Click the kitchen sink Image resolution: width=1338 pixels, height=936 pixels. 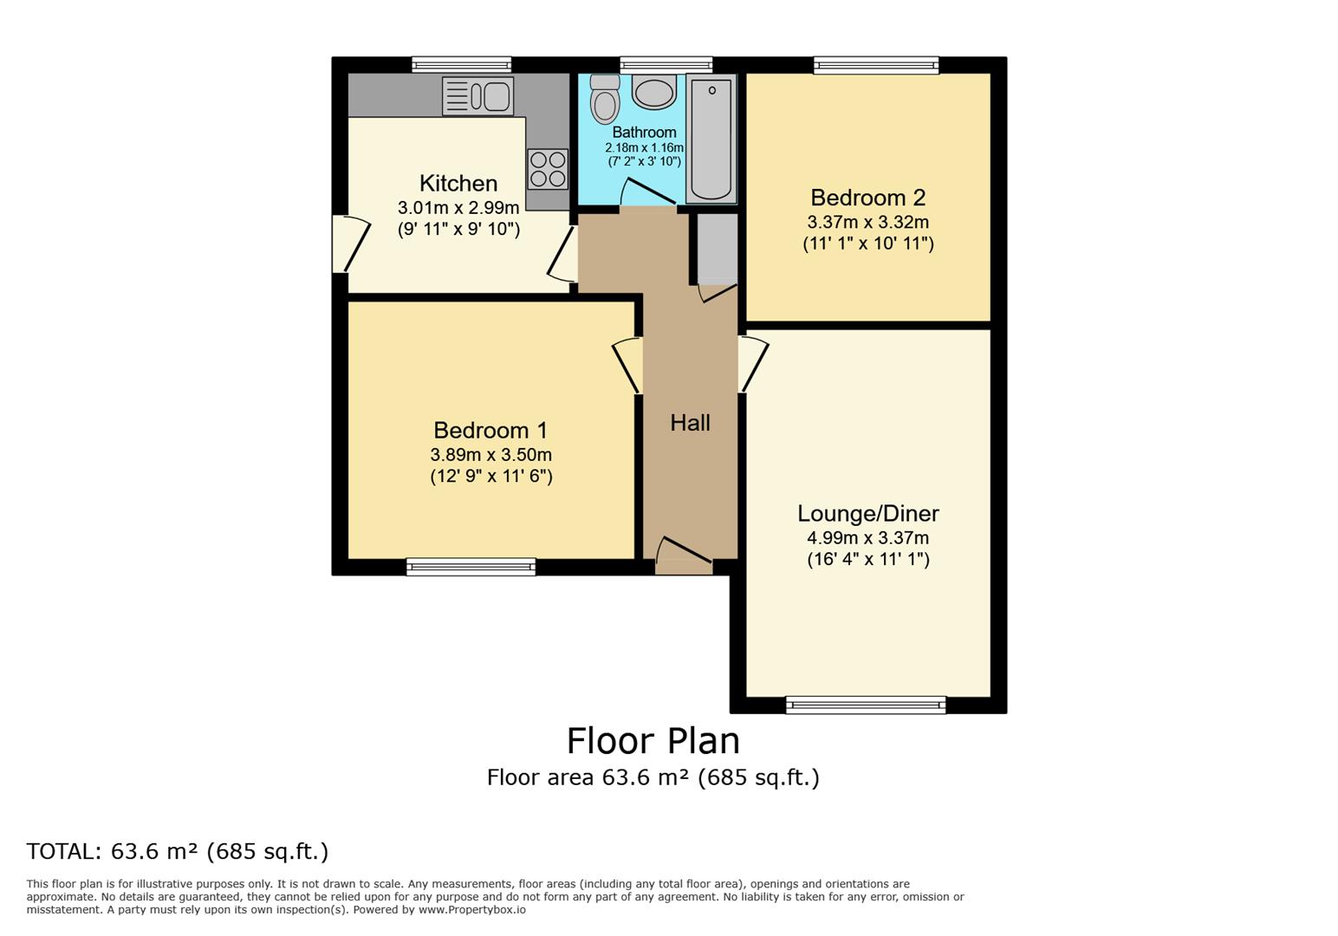tap(478, 96)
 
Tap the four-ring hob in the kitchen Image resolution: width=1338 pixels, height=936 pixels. tap(548, 169)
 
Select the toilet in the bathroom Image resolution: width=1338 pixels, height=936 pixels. tap(605, 100)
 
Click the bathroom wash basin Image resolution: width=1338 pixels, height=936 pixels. tap(654, 91)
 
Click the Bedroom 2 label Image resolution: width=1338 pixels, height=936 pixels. tap(867, 198)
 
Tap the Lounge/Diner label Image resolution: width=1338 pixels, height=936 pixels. tap(867, 514)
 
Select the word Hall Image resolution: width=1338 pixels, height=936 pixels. tap(690, 423)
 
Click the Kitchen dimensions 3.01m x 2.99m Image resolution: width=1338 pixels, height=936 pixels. tap(458, 208)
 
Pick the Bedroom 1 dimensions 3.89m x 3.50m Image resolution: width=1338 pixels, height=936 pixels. tap(490, 455)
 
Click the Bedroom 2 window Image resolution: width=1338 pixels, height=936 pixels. tap(876, 65)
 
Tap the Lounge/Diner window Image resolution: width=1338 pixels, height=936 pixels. tap(866, 705)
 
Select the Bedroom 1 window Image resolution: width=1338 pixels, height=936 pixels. tap(471, 567)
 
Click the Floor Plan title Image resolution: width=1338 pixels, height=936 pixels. tap(653, 742)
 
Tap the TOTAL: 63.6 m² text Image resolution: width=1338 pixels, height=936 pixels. tap(178, 852)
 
